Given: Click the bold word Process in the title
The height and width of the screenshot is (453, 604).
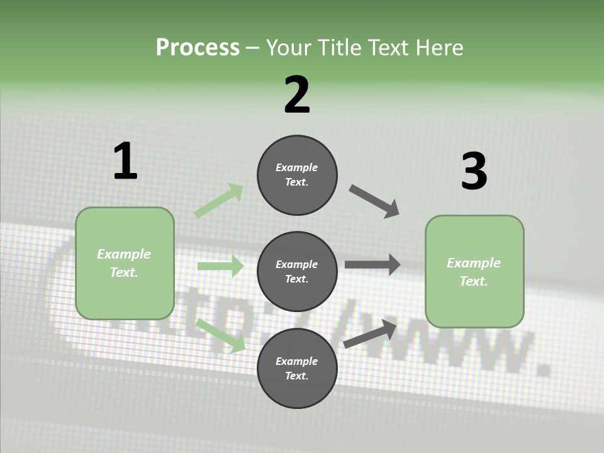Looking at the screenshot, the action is coord(198,48).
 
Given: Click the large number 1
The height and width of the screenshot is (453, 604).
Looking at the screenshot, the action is coord(126,160).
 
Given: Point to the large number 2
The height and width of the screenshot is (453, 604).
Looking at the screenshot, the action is coord(297,94).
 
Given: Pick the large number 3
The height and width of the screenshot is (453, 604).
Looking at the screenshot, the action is coord(474,171).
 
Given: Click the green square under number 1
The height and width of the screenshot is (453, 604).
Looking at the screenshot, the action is coord(125,264).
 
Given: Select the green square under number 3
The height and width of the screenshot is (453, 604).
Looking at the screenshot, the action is coord(474,272).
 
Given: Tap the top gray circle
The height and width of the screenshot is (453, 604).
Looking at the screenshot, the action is coord(297,175).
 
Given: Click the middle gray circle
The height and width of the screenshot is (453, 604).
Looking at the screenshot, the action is coord(297,272).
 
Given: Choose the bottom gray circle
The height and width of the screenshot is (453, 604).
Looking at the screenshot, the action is coord(297,368).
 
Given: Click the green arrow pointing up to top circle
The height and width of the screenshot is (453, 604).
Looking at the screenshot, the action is coord(219,200).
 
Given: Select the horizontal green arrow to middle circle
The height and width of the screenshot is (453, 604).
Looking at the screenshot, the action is coord(220,266).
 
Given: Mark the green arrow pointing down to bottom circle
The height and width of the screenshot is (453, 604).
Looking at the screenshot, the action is coord(221,336).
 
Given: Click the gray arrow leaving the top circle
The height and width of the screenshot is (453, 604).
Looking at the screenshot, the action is coord(374,201).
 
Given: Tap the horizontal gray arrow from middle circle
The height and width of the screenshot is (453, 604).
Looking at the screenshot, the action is coord(372,264).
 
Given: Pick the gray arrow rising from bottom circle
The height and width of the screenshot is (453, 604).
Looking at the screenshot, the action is coord(370,333).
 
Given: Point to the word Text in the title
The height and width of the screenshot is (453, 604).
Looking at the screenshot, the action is coord(388,47).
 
